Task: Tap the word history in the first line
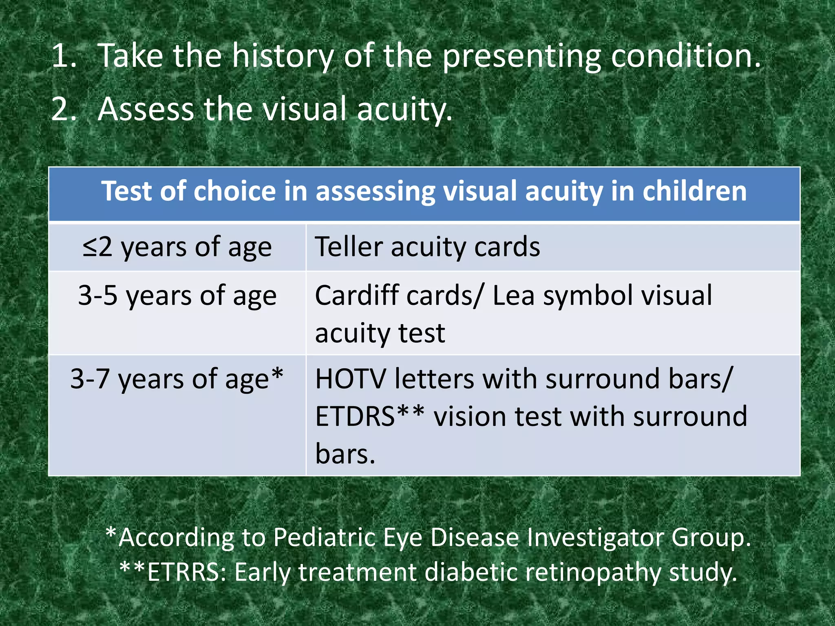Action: [283, 56]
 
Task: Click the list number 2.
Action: [64, 109]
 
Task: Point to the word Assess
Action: [146, 109]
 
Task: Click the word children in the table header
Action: [694, 191]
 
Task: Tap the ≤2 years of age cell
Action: [177, 247]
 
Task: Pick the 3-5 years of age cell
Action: [177, 295]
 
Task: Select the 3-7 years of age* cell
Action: [177, 379]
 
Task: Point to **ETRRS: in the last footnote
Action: [173, 572]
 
